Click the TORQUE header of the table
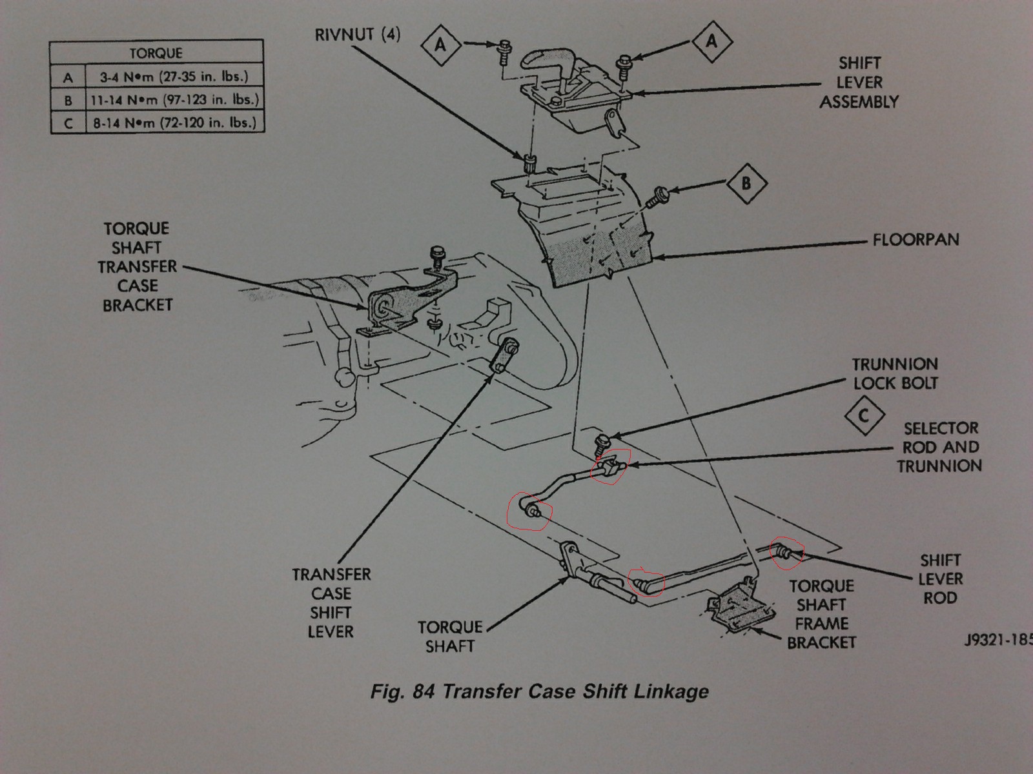[x=156, y=53]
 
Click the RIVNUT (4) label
[x=357, y=34]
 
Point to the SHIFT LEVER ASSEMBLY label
[x=859, y=83]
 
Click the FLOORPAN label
[x=915, y=240]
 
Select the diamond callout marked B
[x=746, y=184]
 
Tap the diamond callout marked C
[x=864, y=416]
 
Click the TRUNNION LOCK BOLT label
[x=895, y=373]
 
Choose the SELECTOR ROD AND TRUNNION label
[x=940, y=447]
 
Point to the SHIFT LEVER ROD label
[x=940, y=579]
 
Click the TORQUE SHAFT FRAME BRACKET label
[x=821, y=614]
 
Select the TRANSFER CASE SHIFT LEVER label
[x=331, y=602]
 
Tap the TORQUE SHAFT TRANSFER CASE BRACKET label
[x=138, y=266]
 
